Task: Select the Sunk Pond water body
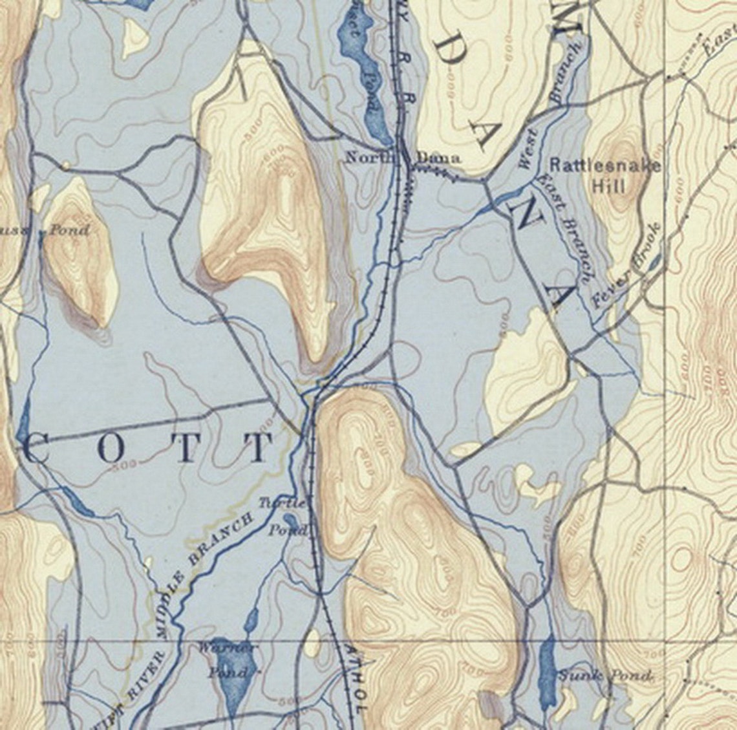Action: point(547,672)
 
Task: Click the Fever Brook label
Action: point(627,265)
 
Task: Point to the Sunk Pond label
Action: point(604,676)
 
